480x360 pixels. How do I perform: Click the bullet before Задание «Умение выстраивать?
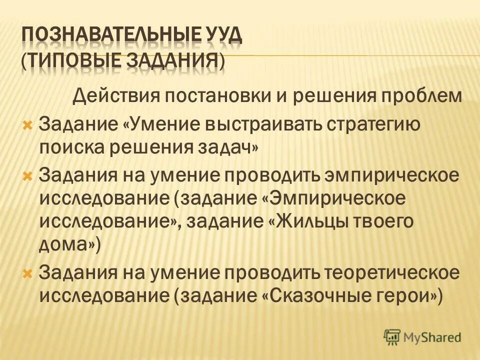tap(28, 123)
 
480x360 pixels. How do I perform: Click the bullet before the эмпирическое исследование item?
tap(28, 175)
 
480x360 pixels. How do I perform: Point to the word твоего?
tap(384, 221)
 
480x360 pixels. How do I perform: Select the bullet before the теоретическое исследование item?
tap(28, 273)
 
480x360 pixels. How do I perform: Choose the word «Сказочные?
tap(321, 296)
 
